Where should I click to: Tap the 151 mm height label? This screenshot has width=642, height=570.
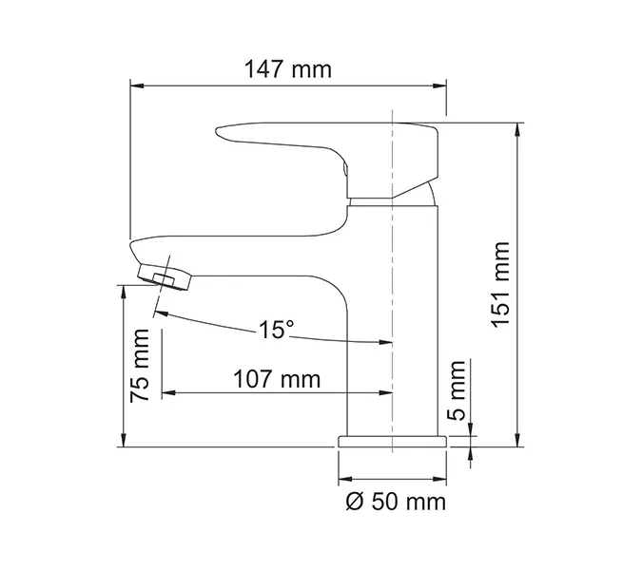point(501,284)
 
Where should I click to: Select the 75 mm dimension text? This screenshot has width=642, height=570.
point(142,366)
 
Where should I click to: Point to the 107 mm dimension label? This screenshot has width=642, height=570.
point(277,378)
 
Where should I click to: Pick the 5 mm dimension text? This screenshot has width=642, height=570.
point(457,390)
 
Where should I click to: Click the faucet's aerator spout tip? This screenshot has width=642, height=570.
point(167,275)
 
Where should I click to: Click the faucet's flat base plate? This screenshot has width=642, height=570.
point(393,441)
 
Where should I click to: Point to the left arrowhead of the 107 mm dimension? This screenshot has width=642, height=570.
point(167,391)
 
